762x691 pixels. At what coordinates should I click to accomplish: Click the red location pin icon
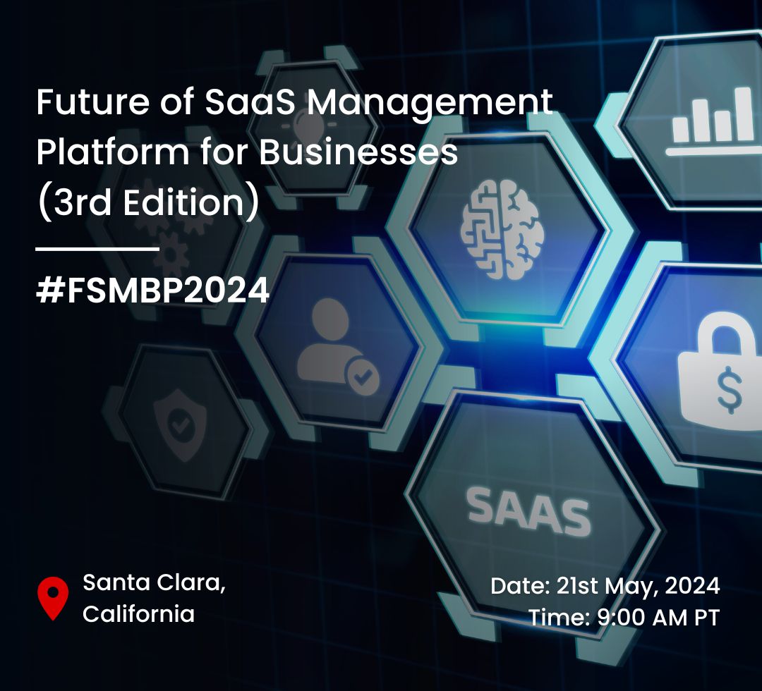tap(53, 597)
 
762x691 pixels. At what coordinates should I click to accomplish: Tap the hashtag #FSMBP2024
tap(152, 291)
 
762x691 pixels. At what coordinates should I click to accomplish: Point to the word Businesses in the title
tap(358, 152)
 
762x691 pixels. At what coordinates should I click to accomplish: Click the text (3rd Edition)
tap(148, 203)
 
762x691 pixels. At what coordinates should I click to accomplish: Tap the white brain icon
tap(502, 229)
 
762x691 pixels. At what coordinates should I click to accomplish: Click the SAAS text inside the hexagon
tap(528, 511)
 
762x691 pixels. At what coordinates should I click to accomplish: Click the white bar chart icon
tap(713, 121)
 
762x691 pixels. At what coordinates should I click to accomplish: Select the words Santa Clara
tap(154, 582)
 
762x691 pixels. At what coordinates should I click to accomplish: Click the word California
tap(138, 613)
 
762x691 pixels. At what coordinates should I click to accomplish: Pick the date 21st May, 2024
tap(638, 586)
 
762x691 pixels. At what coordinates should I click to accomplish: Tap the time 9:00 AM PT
tap(658, 618)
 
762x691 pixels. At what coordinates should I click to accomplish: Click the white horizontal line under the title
tap(97, 249)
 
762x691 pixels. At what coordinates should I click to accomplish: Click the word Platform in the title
tap(113, 152)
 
